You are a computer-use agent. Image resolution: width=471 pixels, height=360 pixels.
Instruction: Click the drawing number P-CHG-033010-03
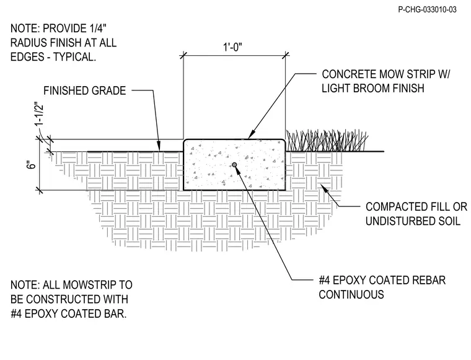click(x=427, y=10)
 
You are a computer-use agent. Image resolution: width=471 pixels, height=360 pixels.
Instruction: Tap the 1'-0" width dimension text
click(x=232, y=47)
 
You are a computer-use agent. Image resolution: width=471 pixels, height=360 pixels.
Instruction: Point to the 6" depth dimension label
click(x=31, y=165)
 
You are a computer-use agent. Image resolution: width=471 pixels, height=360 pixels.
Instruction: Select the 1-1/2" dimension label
click(x=39, y=115)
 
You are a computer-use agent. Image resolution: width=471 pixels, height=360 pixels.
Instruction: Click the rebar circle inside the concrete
click(x=234, y=165)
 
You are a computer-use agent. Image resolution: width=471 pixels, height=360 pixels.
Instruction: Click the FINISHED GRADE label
click(x=85, y=90)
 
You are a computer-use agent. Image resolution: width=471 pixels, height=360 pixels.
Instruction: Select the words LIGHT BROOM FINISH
click(x=373, y=88)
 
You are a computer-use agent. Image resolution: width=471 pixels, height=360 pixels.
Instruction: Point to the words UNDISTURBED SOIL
click(x=413, y=221)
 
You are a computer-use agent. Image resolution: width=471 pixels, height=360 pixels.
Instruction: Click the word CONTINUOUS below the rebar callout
click(x=351, y=294)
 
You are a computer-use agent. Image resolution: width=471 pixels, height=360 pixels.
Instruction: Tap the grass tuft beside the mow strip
click(x=326, y=141)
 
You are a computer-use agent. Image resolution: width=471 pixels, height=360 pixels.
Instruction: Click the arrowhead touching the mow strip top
click(x=251, y=136)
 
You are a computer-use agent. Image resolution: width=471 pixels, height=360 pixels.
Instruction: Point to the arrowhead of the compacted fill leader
click(x=324, y=188)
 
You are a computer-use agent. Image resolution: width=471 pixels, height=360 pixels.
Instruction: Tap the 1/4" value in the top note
click(x=98, y=29)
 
